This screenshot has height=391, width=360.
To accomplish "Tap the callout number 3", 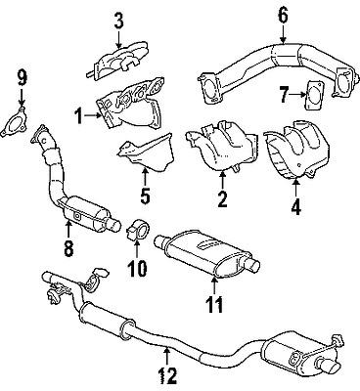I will point(118,19).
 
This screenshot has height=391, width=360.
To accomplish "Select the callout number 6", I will point(283,15).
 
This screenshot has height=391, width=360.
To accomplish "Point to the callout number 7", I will point(283,95).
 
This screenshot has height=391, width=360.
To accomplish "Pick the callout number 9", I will point(23,74).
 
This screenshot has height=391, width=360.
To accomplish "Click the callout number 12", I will point(168,373).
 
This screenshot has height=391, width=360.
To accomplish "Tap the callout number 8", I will point(67,249).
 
